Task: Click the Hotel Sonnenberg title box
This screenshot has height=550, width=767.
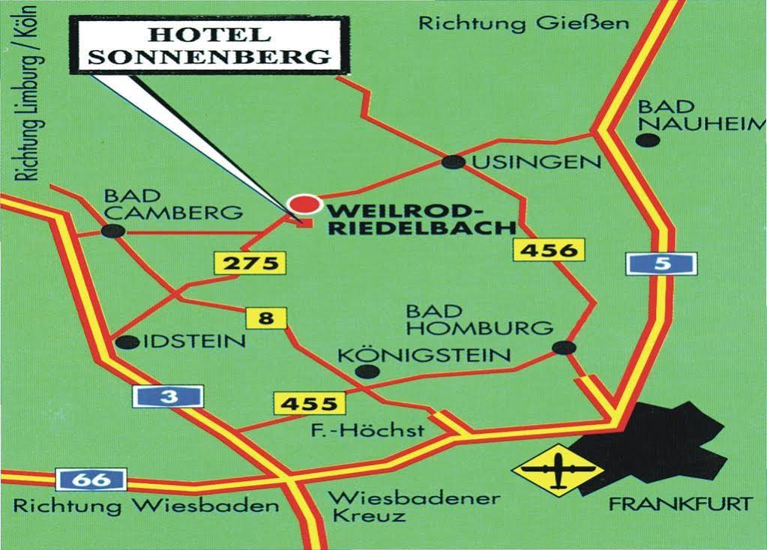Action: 209,45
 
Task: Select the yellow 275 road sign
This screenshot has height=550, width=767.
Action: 250,263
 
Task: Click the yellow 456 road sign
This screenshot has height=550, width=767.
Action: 548,250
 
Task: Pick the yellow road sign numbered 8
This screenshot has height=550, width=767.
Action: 265,318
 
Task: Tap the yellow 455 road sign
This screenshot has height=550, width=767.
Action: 309,404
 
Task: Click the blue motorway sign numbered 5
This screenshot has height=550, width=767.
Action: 661,264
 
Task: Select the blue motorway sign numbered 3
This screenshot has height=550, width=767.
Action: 168,396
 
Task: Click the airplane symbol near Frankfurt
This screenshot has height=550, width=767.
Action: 558,470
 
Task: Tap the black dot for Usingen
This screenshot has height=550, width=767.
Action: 453,162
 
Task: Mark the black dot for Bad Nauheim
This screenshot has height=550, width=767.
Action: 648,140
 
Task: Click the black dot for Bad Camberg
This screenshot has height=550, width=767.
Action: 112,231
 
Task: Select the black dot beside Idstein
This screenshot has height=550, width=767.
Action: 128,342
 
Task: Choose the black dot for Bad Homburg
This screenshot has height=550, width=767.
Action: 564,347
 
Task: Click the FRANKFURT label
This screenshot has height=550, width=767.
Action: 679,504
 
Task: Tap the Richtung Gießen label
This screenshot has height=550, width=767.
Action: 523,23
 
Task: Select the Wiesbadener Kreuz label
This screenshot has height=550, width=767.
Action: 415,507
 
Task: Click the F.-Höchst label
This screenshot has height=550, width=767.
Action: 367,430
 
